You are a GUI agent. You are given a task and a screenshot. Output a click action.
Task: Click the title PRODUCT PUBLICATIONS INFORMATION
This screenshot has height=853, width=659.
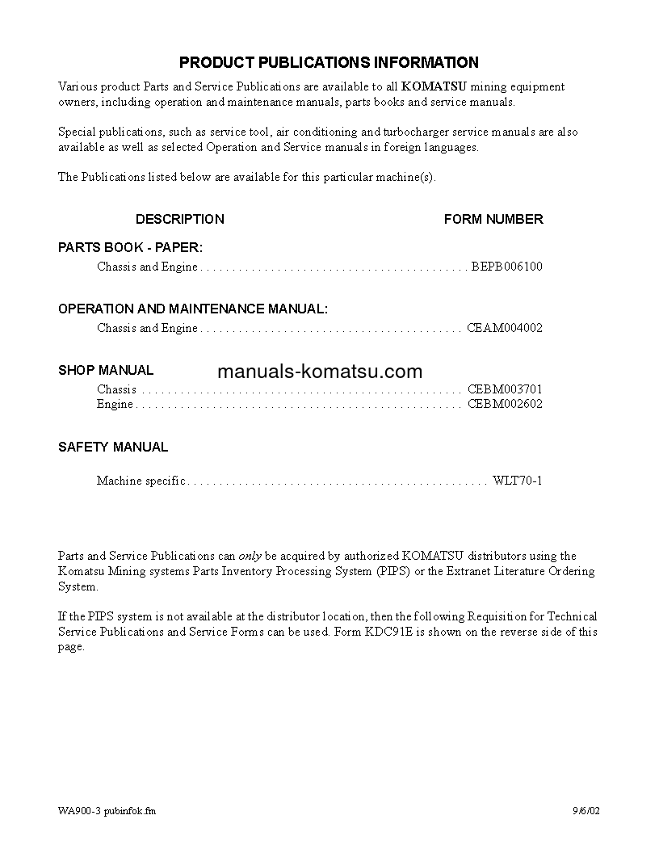click(329, 62)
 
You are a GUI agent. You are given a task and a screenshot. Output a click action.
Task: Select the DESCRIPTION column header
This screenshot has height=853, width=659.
click(179, 219)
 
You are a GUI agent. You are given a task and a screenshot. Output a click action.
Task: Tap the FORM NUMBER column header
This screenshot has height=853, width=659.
click(493, 219)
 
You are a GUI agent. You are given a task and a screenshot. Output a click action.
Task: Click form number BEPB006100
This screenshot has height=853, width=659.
click(506, 267)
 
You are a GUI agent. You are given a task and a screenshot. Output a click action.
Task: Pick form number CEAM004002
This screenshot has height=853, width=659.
click(505, 328)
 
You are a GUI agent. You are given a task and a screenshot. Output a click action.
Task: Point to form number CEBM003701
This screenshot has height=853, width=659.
click(505, 389)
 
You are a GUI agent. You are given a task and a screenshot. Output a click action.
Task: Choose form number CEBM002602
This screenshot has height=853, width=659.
click(505, 404)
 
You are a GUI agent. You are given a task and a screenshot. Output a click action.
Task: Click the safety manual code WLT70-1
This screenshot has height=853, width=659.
click(518, 481)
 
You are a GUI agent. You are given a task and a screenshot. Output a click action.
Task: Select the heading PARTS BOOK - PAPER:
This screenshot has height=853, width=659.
click(130, 247)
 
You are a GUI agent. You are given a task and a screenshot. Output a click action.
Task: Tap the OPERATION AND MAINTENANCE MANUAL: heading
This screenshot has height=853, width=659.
click(193, 309)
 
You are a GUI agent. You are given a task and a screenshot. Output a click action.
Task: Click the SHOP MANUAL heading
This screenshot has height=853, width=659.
click(106, 370)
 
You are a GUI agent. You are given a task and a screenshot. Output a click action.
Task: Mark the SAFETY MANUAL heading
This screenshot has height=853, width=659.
click(113, 447)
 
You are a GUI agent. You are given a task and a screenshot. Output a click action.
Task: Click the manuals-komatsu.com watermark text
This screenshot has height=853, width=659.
click(320, 372)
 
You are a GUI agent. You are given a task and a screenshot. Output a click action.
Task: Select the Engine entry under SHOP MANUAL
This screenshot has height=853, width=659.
click(115, 404)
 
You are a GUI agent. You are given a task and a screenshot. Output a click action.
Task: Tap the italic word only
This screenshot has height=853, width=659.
click(249, 556)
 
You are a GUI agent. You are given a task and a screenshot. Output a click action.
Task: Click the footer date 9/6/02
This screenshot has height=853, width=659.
click(587, 811)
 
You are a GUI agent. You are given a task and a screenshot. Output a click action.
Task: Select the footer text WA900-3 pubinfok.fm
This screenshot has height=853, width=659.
click(107, 811)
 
